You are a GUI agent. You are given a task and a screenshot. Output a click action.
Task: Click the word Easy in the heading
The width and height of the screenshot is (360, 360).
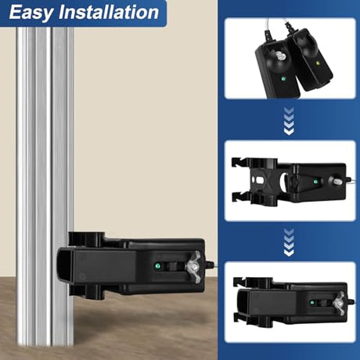[30, 13]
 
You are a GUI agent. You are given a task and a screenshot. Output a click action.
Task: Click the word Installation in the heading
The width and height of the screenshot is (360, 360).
[109, 12]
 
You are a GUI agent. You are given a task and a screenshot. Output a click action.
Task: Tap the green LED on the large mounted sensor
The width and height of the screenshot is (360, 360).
[157, 266]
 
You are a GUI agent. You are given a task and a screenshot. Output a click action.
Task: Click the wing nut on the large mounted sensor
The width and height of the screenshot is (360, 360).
[193, 267]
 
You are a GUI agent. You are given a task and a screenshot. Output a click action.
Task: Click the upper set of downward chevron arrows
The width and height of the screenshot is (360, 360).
[289, 121]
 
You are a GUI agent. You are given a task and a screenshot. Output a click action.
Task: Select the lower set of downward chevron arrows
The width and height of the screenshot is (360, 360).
[289, 243]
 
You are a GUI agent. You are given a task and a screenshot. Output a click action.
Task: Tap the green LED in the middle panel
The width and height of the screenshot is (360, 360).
[315, 182]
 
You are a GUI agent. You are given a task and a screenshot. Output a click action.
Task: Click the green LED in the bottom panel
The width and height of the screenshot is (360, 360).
[311, 303]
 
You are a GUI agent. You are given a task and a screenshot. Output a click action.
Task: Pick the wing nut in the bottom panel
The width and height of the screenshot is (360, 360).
[339, 304]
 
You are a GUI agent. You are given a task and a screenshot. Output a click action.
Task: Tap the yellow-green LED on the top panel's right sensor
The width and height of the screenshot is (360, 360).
[318, 63]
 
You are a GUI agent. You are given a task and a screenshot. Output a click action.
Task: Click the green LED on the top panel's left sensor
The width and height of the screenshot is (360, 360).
[283, 77]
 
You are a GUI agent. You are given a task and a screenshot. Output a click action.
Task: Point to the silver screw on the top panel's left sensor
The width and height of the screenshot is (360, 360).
[280, 56]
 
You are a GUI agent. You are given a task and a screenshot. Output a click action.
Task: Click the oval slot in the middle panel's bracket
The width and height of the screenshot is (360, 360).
[259, 180]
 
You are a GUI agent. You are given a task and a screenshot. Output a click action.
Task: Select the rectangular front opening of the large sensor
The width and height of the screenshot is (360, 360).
[63, 267]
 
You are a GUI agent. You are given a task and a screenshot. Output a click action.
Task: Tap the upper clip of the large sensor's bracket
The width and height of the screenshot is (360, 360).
[87, 239]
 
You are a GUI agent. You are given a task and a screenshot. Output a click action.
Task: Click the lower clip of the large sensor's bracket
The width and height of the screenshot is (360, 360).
[87, 292]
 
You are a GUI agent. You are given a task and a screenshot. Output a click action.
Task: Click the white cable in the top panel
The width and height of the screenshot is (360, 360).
[276, 27]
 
